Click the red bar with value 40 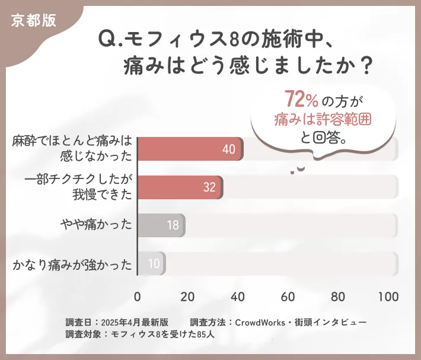tap(190, 149)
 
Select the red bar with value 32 tap(180, 187)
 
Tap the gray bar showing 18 tap(161, 225)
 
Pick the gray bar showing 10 tap(151, 263)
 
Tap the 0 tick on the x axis tap(138, 297)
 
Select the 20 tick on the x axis tap(188, 297)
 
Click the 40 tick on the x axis tap(238, 297)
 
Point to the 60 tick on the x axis tap(289, 297)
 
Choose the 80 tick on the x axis tap(339, 297)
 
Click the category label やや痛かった tap(96, 225)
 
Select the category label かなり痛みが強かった tap(72, 264)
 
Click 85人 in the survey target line tap(206, 334)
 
